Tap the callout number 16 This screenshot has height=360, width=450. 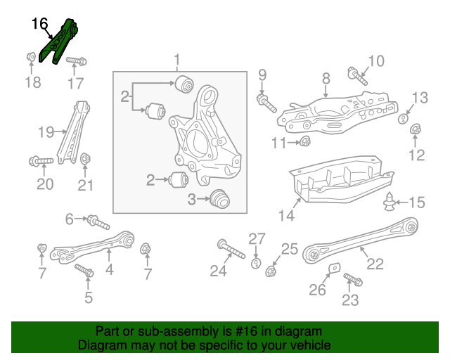[x=39, y=24]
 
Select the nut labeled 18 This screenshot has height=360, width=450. [x=32, y=56]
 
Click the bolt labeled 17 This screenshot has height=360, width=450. [x=76, y=61]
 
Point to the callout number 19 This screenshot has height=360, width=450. [x=46, y=131]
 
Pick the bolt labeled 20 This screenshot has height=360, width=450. [x=41, y=161]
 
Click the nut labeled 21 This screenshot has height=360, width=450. [x=85, y=158]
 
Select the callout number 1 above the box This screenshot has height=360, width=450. [x=177, y=60]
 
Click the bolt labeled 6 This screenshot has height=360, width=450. [x=98, y=224]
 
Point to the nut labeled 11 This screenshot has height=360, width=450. [x=306, y=143]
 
